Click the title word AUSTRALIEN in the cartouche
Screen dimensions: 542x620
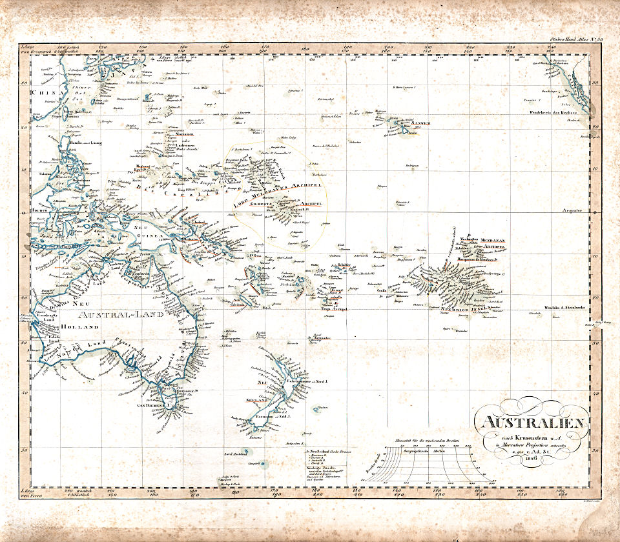532,425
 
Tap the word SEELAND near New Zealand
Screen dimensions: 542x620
256,400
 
